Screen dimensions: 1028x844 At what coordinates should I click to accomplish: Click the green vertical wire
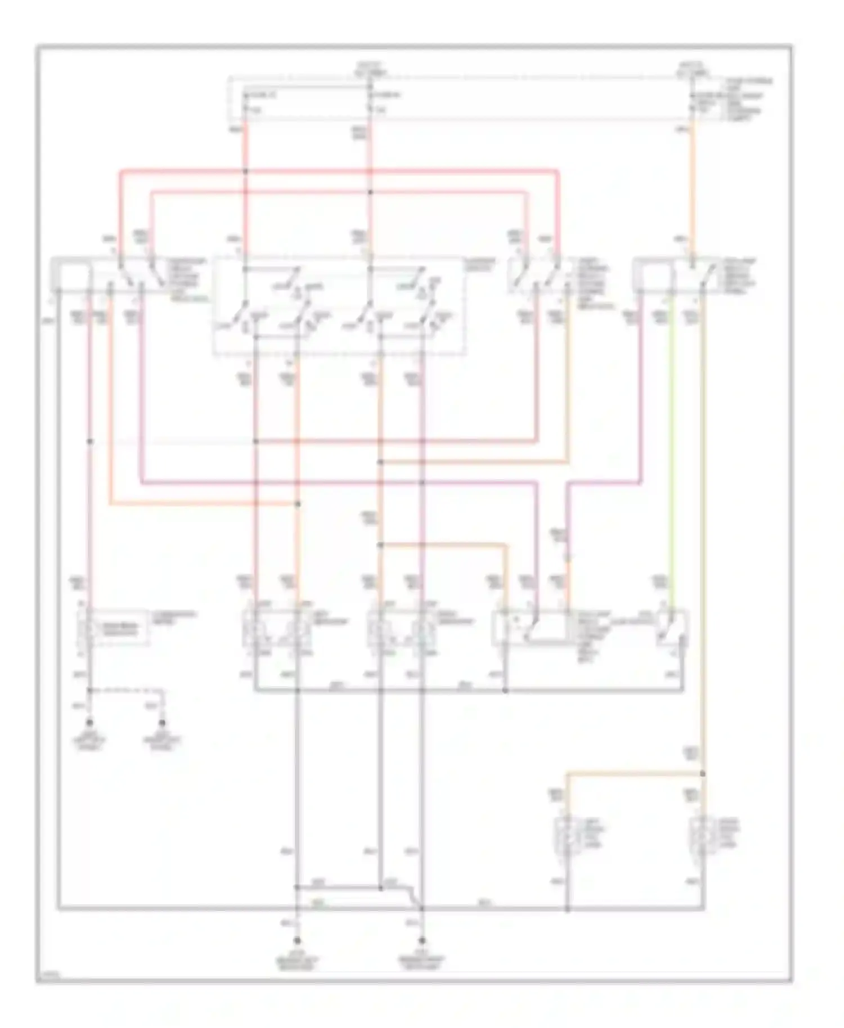[x=670, y=450]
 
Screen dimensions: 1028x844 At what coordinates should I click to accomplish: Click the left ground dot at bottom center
[x=297, y=940]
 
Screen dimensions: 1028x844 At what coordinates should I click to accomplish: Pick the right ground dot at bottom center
[x=421, y=940]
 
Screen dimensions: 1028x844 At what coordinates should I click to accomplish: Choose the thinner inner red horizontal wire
[x=338, y=192]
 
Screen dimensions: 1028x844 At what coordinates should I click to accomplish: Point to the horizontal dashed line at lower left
[x=127, y=689]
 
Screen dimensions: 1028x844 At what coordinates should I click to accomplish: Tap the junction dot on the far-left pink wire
[x=90, y=441]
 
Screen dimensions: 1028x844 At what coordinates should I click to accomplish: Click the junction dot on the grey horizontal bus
[x=505, y=690]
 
